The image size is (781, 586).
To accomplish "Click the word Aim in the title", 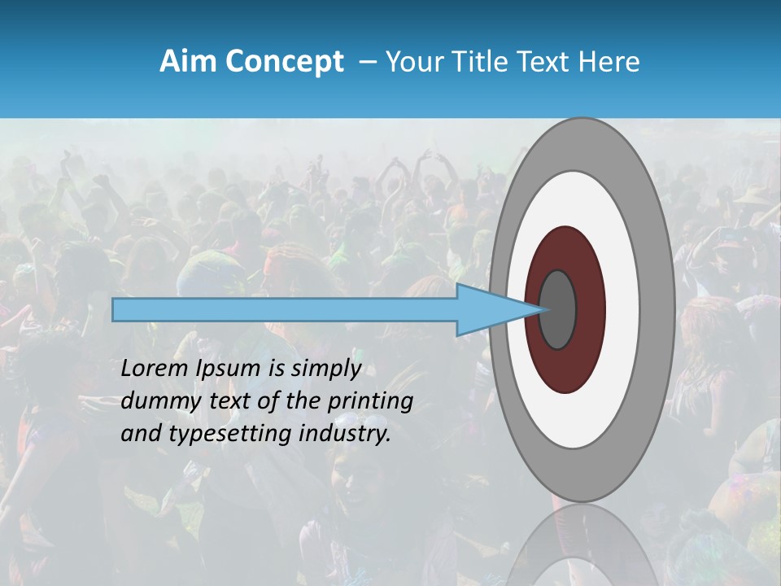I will pos(187,62).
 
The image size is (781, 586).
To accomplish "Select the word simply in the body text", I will pos(325,370).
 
